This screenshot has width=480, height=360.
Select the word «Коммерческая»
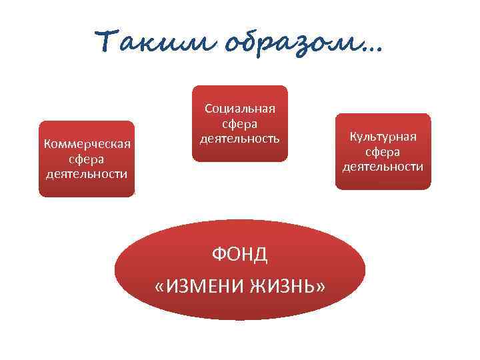click(87, 145)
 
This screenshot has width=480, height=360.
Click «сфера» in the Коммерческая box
click(87, 159)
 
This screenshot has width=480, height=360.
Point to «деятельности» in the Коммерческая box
click(87, 174)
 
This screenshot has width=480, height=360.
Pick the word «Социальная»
click(240, 109)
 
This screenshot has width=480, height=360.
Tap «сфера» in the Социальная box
click(240, 124)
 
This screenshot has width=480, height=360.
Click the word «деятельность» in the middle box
click(240, 139)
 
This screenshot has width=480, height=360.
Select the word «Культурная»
click(383, 137)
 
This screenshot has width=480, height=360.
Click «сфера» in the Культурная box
click(383, 151)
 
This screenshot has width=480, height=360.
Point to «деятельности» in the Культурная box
click(383, 166)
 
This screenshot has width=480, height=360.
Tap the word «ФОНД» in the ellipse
click(240, 254)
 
